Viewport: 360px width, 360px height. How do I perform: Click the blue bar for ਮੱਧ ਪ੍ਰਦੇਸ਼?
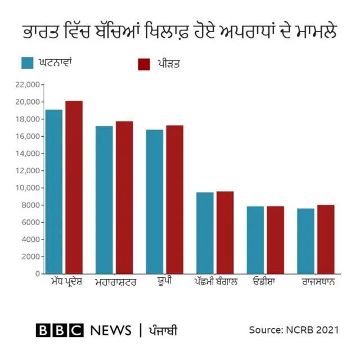tap(54, 191)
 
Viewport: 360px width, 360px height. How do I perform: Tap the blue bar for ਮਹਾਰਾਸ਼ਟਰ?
tap(104, 200)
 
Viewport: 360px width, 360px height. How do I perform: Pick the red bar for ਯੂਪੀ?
tap(174, 199)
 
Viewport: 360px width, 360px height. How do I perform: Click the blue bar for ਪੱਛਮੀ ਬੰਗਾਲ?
tap(205, 233)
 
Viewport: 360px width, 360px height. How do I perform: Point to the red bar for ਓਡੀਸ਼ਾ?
tap(275, 240)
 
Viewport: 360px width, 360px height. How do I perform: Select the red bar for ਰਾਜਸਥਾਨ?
tap(326, 239)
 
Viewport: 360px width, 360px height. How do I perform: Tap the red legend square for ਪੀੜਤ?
tap(144, 64)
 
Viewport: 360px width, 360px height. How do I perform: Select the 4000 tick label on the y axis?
tap(31, 240)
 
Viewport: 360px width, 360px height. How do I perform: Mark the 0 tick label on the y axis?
tap(37, 274)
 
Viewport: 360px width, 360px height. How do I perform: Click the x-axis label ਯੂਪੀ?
tap(164, 281)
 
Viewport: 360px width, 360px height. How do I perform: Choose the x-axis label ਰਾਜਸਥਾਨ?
tap(318, 281)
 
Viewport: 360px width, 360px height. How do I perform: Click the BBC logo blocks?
tap(59, 330)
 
